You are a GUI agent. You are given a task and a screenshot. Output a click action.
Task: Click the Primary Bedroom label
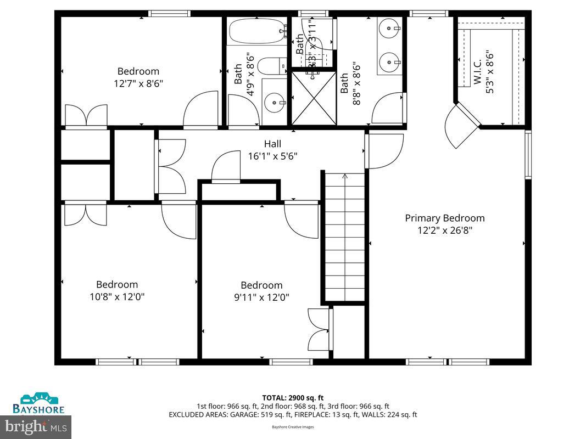444,218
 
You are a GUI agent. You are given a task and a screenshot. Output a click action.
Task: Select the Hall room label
272,144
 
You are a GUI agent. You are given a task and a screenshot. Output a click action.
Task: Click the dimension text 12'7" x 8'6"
138,83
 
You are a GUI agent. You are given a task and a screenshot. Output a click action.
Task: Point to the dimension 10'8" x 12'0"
117,297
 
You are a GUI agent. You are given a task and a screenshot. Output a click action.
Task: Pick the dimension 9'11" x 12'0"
261,297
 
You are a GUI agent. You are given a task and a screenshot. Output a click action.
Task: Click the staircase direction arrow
345,177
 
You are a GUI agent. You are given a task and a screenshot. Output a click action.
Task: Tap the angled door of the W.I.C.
459,126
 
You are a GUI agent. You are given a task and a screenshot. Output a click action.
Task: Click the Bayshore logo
39,403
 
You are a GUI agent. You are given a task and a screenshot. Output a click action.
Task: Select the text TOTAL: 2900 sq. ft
293,398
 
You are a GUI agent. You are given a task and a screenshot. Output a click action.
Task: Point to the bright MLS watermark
36,425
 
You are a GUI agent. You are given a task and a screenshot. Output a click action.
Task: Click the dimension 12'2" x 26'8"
444,230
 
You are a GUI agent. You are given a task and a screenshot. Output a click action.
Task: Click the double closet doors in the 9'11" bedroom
320,329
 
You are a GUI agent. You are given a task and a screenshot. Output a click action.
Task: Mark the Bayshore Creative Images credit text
293,426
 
